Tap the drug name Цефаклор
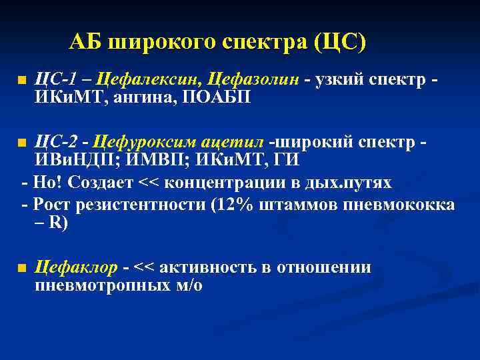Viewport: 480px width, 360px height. pyautogui.click(x=75, y=267)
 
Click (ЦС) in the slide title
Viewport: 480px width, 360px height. pyautogui.click(x=340, y=43)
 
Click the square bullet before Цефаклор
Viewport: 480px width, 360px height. pyautogui.click(x=23, y=269)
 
